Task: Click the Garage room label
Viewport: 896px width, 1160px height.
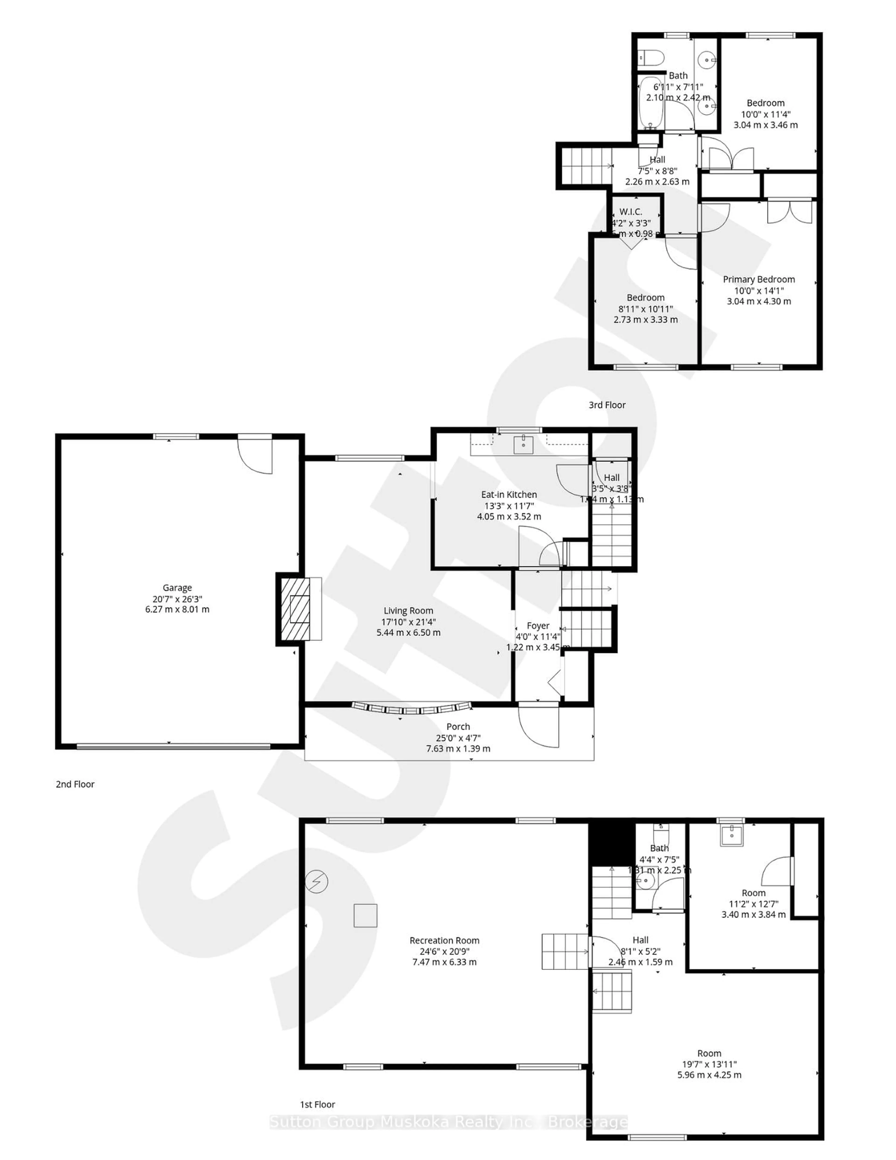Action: (x=177, y=587)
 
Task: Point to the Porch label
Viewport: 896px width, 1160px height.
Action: (x=458, y=727)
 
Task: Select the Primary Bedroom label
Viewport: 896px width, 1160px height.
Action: (x=758, y=279)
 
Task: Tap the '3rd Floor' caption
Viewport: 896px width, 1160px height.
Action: (x=606, y=405)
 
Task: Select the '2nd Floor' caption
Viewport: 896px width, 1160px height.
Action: (x=75, y=784)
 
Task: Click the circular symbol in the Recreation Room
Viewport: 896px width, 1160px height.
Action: (x=317, y=882)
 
